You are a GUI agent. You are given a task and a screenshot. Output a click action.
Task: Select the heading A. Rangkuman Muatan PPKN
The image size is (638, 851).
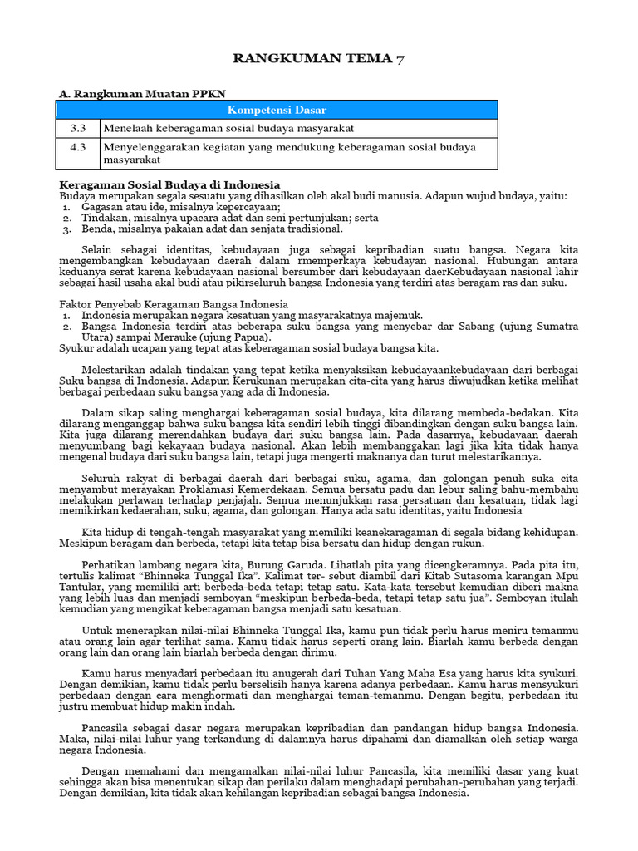tap(141, 94)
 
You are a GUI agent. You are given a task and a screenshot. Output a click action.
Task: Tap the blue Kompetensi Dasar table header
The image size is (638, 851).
tap(277, 110)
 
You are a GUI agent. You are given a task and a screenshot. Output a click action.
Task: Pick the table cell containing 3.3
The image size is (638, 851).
tap(78, 128)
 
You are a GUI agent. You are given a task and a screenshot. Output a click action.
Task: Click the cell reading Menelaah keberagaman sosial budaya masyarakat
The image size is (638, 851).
tap(228, 128)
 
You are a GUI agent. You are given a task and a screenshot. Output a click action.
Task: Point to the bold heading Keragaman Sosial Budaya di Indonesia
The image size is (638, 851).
tap(169, 184)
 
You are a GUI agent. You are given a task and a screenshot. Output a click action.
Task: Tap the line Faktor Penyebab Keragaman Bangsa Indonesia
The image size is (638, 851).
tap(174, 304)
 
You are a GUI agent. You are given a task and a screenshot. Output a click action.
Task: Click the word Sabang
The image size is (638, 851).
tap(469, 327)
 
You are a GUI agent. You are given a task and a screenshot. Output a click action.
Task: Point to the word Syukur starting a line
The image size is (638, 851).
tap(77, 348)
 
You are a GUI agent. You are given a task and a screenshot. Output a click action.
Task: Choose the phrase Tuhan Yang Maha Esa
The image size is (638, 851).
tap(398, 672)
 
